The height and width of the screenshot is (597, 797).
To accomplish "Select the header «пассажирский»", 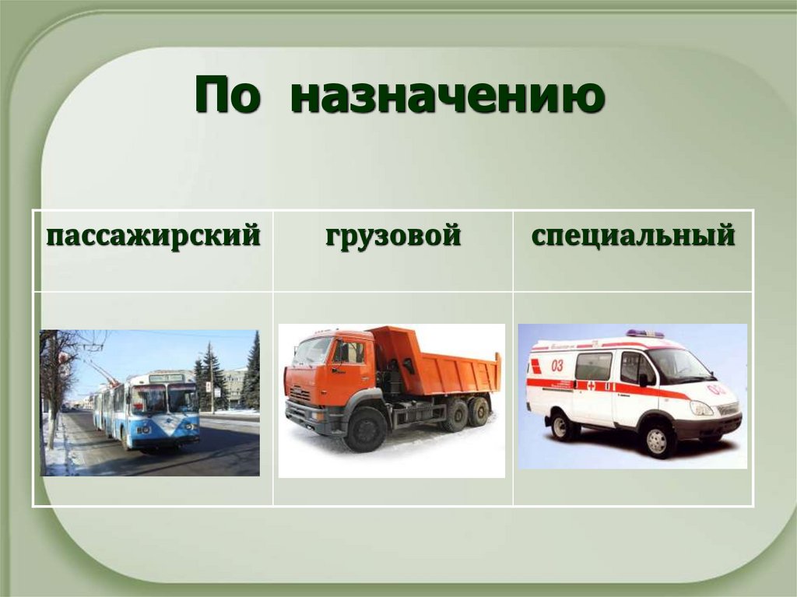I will (153, 234).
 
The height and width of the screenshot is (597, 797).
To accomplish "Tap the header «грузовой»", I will (393, 234).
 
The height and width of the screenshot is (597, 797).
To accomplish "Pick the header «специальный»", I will (633, 234).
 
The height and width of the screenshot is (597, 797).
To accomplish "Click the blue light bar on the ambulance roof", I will (644, 334).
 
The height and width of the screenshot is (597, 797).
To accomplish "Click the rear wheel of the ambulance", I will (562, 426).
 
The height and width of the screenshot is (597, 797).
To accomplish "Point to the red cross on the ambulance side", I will (591, 385).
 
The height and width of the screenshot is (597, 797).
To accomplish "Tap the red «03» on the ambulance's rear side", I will (557, 364).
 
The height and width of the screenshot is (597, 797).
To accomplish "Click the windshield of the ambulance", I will (678, 364).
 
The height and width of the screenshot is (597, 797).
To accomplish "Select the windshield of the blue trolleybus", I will (165, 400).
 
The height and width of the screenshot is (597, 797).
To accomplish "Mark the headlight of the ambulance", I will (700, 408).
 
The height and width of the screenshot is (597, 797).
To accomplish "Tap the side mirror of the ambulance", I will (644, 379).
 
